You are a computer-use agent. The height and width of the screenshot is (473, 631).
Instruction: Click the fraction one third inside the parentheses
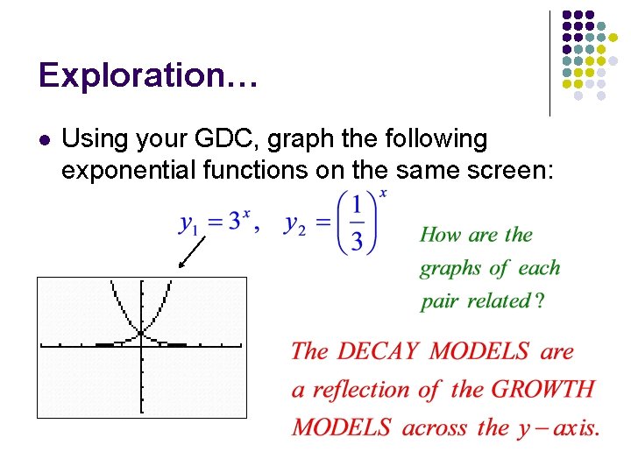click(355, 222)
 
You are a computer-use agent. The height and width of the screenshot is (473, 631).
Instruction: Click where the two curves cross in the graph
click(141, 333)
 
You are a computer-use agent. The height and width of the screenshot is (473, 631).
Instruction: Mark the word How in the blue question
click(439, 235)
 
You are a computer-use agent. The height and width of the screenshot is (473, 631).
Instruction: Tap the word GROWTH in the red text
click(542, 390)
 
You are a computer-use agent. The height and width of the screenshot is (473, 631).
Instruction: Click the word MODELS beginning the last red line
click(341, 428)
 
